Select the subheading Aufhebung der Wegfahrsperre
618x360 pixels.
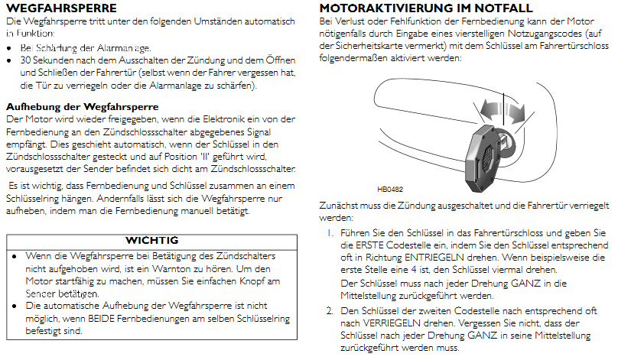click(x=82, y=107)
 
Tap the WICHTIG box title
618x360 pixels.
click(x=151, y=240)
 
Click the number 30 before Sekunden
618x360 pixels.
click(x=27, y=60)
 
